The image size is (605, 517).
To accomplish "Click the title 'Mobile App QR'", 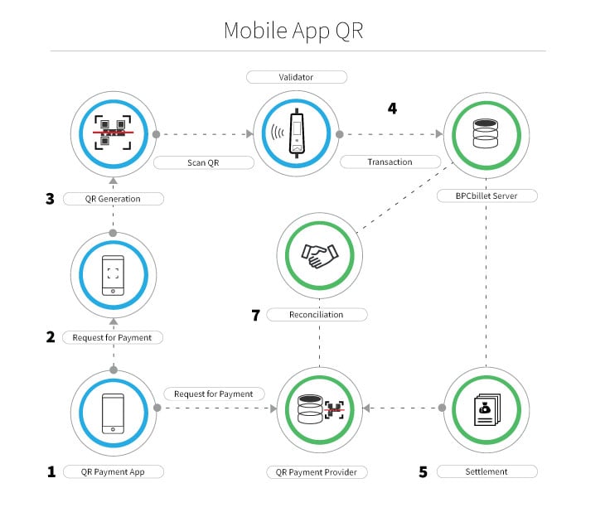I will [293, 31].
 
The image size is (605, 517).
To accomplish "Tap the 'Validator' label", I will [296, 77].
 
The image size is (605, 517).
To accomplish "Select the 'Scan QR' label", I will [202, 162].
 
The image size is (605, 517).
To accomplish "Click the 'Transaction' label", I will [390, 162].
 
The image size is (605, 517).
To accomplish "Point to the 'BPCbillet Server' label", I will [486, 197].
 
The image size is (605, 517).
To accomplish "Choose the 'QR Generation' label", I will [113, 199].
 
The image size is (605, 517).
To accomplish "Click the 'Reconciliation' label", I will [316, 315].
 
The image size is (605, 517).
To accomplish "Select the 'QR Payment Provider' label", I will [317, 472].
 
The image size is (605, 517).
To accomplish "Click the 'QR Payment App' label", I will [113, 471].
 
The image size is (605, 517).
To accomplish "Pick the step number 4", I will [392, 109].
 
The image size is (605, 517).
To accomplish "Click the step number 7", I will [256, 315].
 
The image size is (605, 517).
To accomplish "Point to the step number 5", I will [423, 471].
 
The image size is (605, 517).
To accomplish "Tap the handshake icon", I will [318, 254].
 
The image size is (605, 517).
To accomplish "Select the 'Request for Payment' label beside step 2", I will [113, 337].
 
